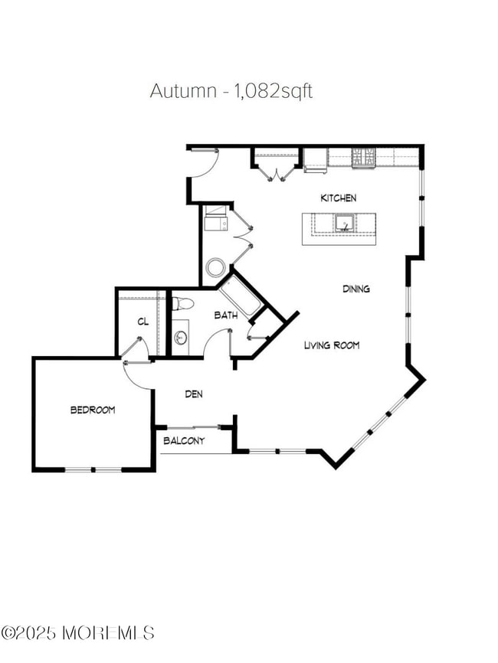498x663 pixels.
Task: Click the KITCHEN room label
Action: [338, 198]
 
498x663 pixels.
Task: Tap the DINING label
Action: [356, 289]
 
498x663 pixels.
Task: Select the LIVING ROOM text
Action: [332, 345]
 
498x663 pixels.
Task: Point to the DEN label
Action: [194, 394]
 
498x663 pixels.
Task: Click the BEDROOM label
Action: [93, 410]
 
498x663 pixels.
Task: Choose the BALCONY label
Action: [184, 441]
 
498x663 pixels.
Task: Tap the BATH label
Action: [225, 315]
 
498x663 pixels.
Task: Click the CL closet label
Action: [143, 322]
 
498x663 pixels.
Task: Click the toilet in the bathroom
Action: [180, 304]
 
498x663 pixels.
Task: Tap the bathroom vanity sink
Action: [181, 336]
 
